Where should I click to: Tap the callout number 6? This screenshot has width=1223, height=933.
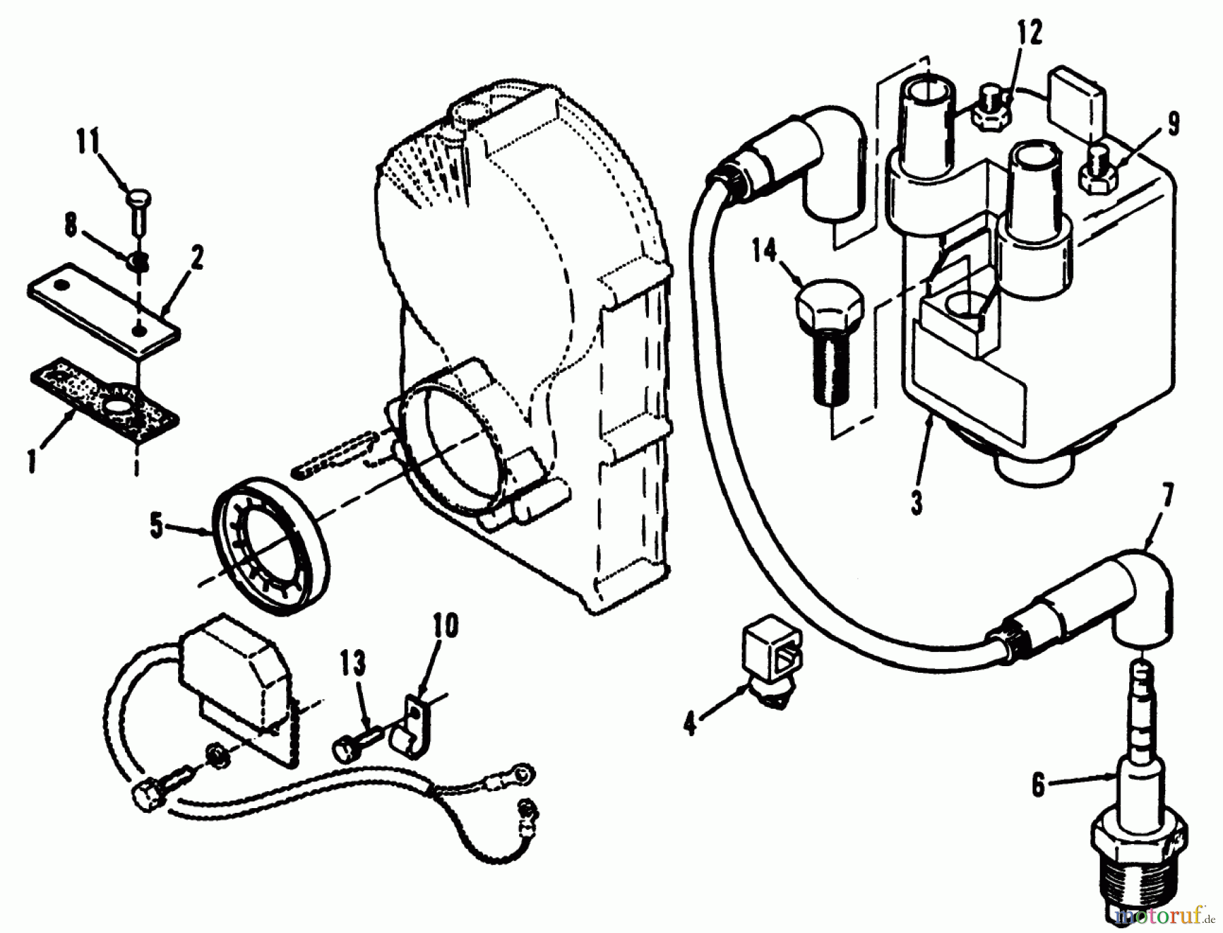[x=1038, y=785]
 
